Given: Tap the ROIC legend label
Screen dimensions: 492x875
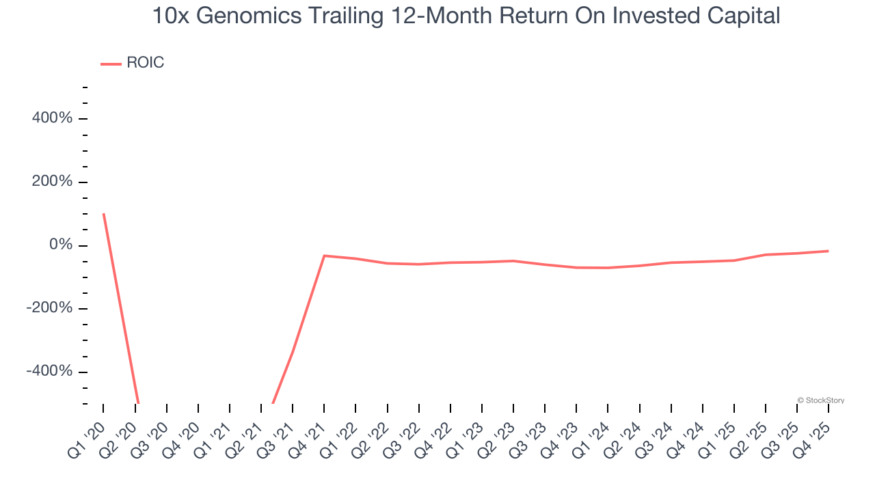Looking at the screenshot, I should pos(145,63).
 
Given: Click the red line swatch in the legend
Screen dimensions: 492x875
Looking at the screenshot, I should pos(111,64).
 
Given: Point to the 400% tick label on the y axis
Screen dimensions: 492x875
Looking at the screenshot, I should pos(52,118).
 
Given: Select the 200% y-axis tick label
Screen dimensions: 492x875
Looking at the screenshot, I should pos(52,182).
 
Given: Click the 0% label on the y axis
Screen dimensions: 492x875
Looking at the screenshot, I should pos(61,245).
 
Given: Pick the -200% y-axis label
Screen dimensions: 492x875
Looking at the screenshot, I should pos(49,308).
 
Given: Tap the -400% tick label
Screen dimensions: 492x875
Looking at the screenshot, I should pos(49,371).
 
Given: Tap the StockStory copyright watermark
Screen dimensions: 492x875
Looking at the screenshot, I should pos(820,400).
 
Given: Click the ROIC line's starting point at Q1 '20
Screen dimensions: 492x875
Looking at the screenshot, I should pos(103,214).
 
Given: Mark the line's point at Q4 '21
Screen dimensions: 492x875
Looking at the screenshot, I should pos(324,256).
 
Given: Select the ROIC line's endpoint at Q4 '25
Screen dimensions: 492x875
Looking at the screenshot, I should pos(829,251).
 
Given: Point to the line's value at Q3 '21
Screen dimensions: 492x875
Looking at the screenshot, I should pos(293,353).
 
